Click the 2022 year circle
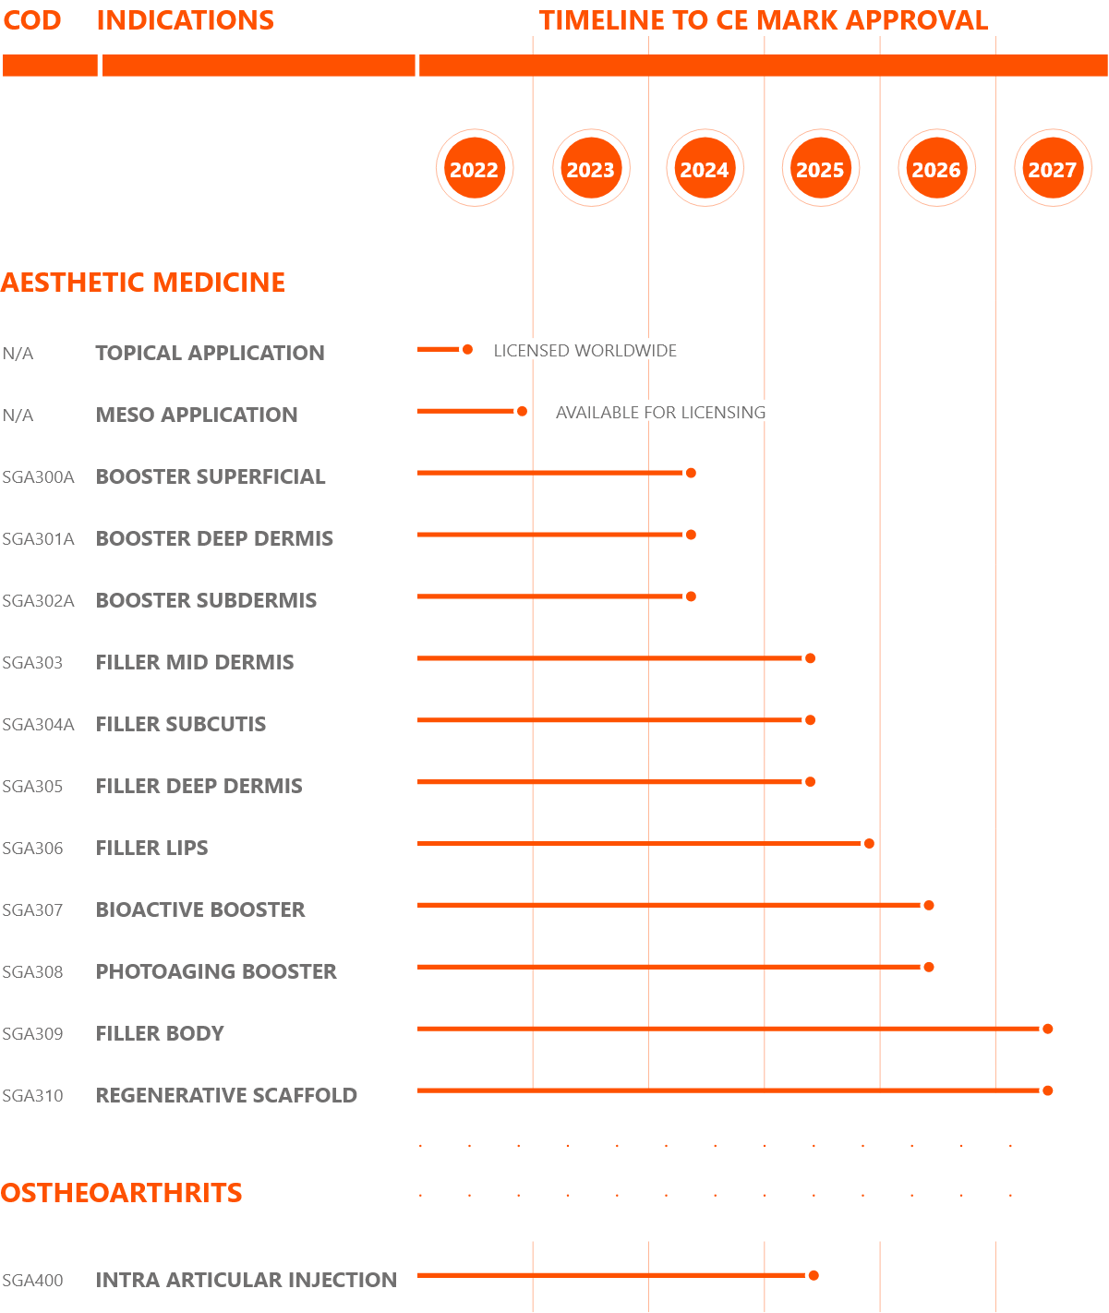click(x=475, y=168)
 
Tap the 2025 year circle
click(x=820, y=168)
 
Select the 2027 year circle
click(x=1053, y=168)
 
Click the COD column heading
click(x=32, y=20)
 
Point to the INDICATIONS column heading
click(x=185, y=20)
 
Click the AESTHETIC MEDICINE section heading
click(x=143, y=283)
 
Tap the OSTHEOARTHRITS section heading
click(x=121, y=1193)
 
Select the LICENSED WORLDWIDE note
click(x=585, y=350)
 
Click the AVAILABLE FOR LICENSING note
click(x=660, y=412)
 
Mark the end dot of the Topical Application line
click(x=467, y=350)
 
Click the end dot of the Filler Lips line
click(x=869, y=843)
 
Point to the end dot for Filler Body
click(x=1047, y=1029)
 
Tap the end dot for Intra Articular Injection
click(x=814, y=1275)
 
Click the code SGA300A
click(x=39, y=477)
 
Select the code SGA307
click(x=32, y=909)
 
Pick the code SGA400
click(x=32, y=1281)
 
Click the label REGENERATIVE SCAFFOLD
click(x=226, y=1095)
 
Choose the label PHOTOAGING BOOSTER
click(x=216, y=971)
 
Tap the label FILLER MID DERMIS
click(x=195, y=662)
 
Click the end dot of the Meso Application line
click(x=522, y=411)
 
